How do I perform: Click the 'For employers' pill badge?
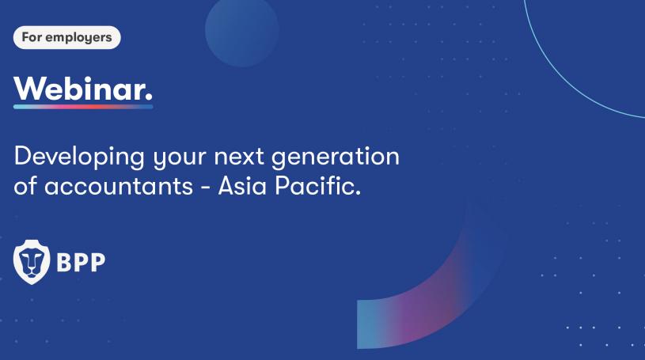[x=67, y=37]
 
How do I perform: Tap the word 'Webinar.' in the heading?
[x=83, y=89]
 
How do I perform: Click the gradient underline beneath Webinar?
[x=83, y=107]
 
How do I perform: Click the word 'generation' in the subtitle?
[x=336, y=157]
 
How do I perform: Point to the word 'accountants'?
[x=119, y=187]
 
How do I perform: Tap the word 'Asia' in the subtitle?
[x=242, y=186]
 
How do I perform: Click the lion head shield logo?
[x=32, y=262]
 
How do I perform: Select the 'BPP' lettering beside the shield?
[x=81, y=262]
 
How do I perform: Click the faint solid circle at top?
[x=242, y=30]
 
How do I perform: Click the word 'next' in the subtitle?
[x=238, y=157]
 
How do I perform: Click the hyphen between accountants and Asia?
[x=205, y=188]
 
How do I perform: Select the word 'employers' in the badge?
[x=78, y=38]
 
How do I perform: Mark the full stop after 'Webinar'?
[x=149, y=97]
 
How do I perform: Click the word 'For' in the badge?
[x=32, y=37]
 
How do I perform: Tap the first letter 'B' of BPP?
[x=65, y=262]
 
